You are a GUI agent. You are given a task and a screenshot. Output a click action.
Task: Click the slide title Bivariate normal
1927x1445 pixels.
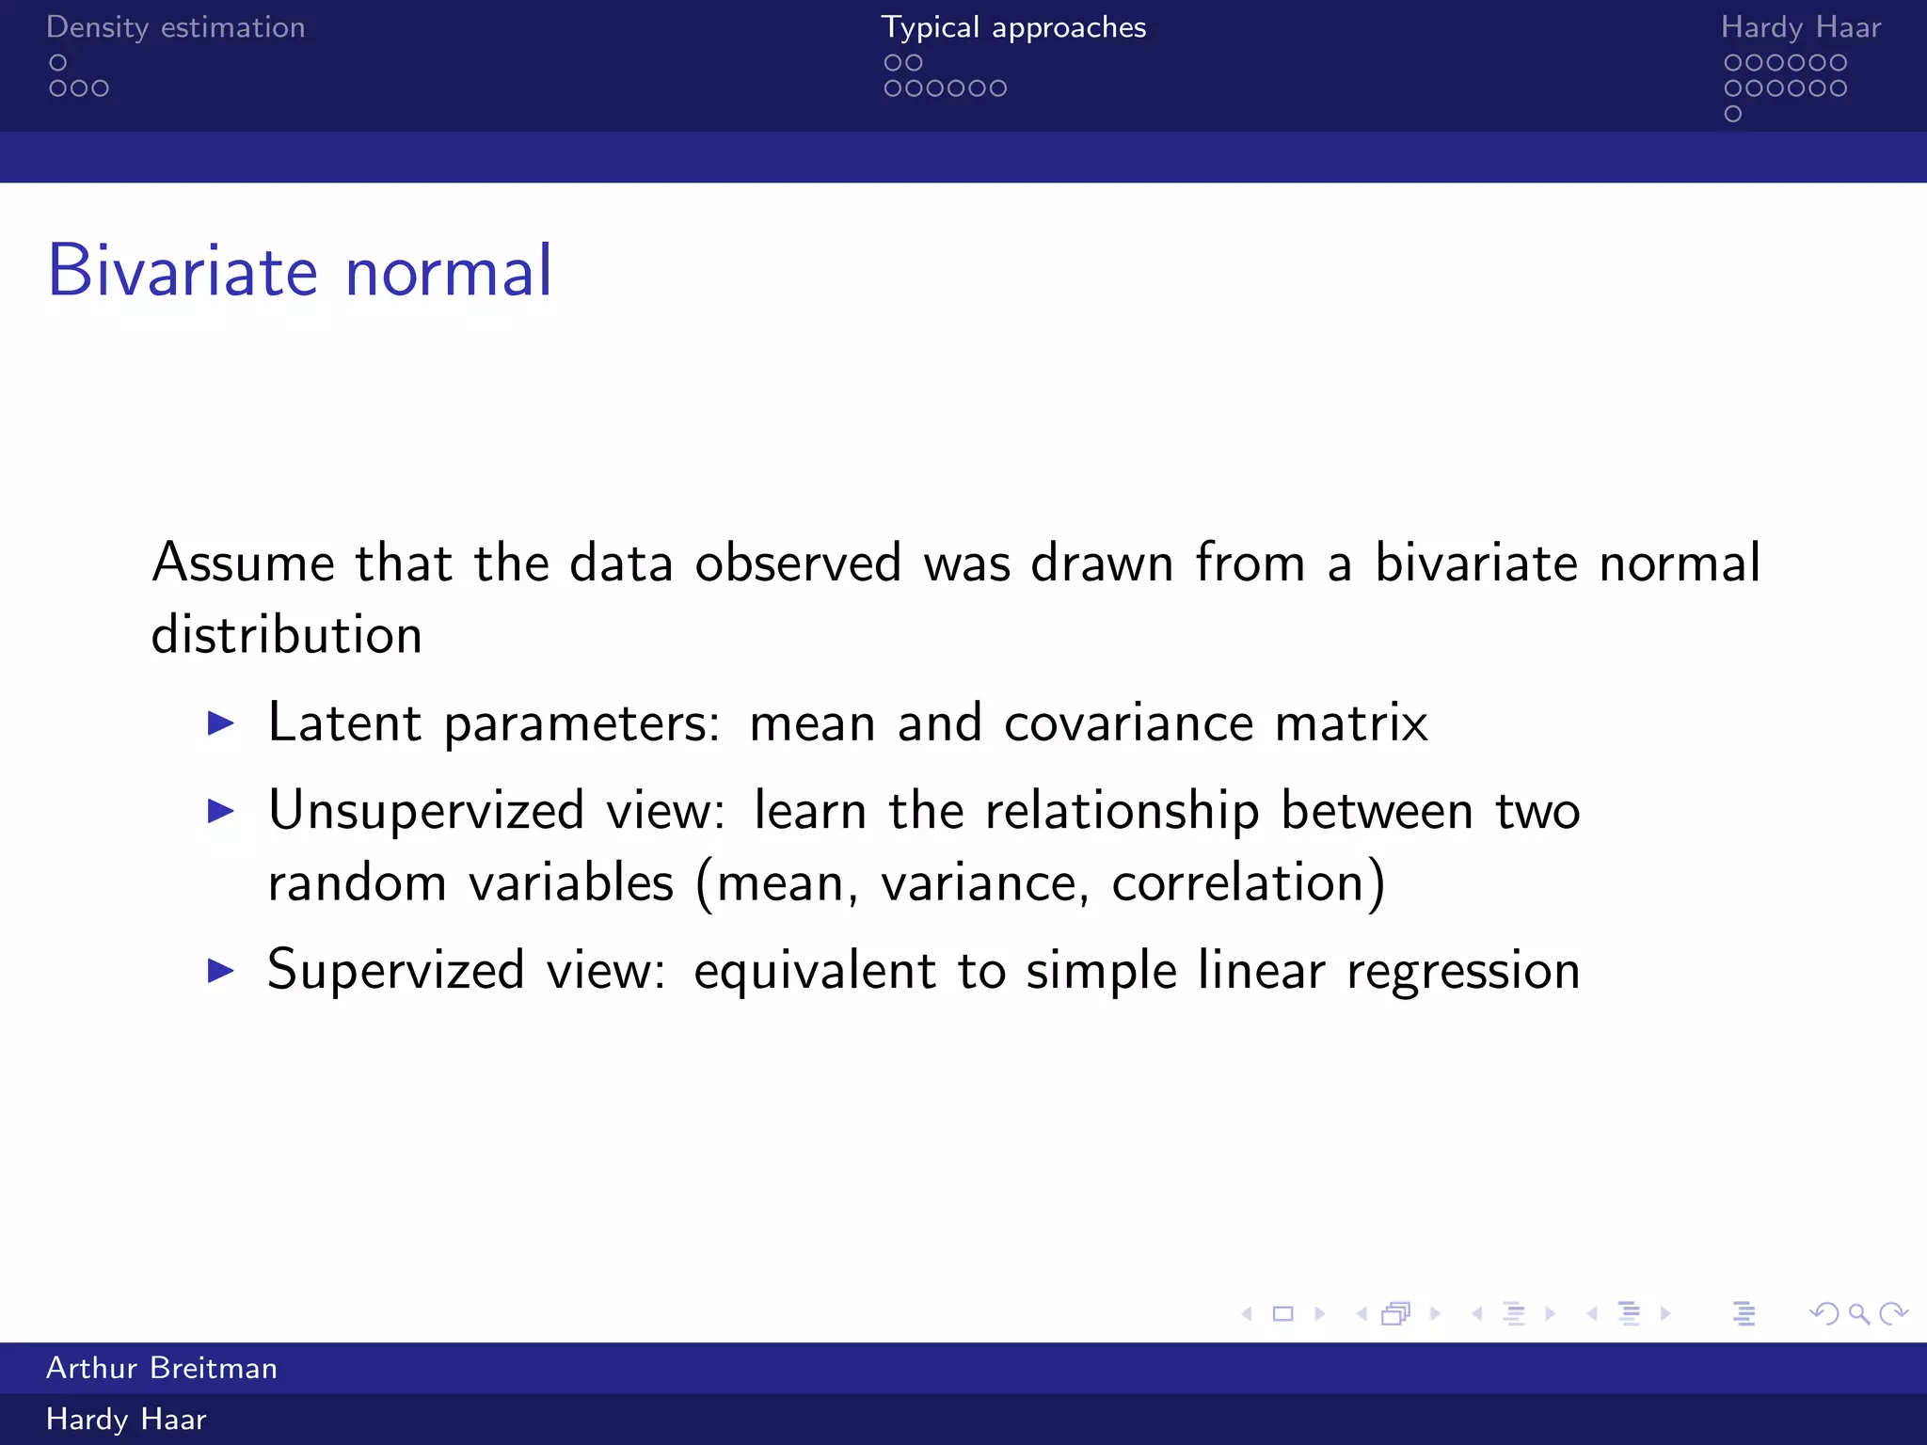299,272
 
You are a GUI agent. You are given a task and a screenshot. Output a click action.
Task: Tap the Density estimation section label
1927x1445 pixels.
175,27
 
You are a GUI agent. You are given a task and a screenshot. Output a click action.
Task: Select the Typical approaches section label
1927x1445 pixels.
1013,27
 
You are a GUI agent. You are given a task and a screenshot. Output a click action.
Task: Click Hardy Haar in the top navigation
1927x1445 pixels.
1800,27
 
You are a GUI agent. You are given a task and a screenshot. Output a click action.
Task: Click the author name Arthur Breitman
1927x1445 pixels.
162,1368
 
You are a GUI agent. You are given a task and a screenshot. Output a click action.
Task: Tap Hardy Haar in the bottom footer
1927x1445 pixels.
126,1419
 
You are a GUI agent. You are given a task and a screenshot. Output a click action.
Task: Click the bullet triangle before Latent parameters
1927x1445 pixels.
220,723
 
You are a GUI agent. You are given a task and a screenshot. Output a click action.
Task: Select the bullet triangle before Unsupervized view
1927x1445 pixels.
220,811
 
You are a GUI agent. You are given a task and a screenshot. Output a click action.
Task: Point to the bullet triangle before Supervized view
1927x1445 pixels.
220,970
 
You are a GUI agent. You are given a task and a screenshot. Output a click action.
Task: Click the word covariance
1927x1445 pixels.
1128,723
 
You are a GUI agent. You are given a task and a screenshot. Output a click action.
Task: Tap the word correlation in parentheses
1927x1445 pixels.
1237,883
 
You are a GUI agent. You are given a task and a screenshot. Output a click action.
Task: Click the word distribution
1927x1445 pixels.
286,635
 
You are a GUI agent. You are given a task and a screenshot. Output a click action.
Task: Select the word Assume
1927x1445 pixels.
243,564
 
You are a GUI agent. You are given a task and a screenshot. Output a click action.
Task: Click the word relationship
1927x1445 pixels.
1122,811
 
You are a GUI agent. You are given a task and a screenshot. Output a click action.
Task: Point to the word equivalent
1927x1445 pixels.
814,972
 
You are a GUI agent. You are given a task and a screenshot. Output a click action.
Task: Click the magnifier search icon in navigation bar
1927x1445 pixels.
1858,1313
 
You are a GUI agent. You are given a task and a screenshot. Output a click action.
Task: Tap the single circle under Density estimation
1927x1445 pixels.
58,63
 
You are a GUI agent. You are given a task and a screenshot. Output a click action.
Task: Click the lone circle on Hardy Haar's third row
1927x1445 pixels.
1733,114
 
